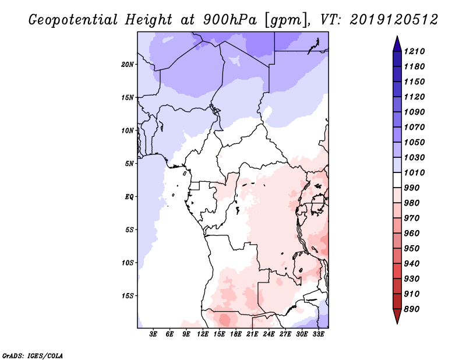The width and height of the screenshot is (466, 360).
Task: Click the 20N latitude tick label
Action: point(128,64)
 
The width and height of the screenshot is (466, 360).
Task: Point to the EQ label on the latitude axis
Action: point(129,196)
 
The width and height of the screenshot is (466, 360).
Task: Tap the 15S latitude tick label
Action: point(128,295)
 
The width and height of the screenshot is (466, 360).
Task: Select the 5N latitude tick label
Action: point(129,163)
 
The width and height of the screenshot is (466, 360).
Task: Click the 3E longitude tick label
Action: point(154,334)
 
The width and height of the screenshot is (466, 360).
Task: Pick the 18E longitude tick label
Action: point(236,334)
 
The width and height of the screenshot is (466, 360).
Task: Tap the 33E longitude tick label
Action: point(318,334)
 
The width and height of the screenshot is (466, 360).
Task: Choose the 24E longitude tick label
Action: point(269,334)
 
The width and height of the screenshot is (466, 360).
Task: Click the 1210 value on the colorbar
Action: point(416,51)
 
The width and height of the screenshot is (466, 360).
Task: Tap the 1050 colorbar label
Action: point(416,142)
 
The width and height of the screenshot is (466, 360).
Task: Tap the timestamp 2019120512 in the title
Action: point(394,20)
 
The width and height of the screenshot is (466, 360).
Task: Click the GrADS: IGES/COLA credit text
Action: point(33,355)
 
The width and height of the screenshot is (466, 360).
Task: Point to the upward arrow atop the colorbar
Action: point(396,42)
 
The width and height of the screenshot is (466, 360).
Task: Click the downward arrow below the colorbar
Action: point(396,317)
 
